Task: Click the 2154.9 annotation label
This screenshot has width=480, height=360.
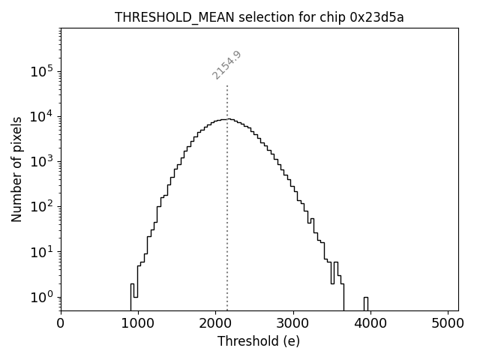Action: click(226, 65)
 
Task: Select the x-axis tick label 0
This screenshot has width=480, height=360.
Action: click(61, 325)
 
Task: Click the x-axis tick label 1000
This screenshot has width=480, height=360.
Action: click(138, 325)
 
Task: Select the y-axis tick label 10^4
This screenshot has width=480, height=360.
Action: click(42, 117)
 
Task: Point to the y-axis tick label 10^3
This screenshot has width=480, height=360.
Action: click(42, 162)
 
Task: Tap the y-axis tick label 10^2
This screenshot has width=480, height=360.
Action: click(42, 207)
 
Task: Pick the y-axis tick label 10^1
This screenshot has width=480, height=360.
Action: click(42, 252)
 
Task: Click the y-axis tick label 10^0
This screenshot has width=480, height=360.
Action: click(42, 297)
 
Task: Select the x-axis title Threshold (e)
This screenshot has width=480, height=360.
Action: click(259, 341)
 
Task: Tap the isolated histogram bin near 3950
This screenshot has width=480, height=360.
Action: click(366, 302)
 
